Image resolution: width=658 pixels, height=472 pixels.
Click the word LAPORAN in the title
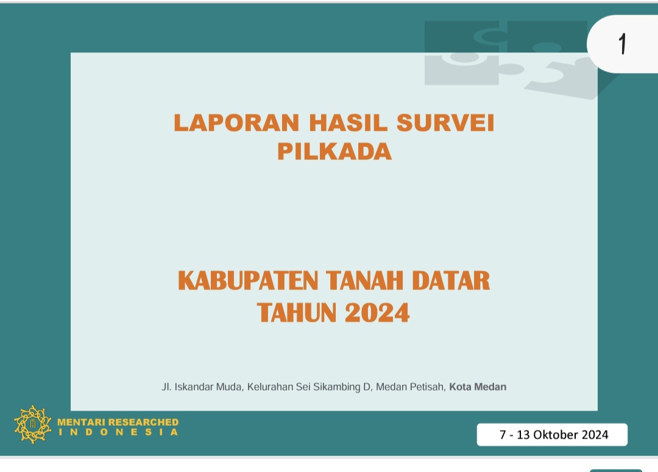pos(236,123)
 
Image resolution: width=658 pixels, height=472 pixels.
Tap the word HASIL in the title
pos(348,123)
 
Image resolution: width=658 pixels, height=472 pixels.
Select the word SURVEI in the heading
pos(445,123)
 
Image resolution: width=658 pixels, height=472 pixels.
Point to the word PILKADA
pos(334,151)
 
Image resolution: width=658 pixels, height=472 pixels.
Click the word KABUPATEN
pos(248,280)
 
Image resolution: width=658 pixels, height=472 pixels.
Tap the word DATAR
pos(451,280)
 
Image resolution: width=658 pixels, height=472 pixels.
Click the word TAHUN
pos(297,313)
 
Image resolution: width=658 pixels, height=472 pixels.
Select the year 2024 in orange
pos(377,313)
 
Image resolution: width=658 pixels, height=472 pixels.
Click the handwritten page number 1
pos(623,44)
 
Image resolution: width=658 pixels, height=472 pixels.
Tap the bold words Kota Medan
pos(478,387)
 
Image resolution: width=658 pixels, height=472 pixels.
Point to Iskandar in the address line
pos(194,387)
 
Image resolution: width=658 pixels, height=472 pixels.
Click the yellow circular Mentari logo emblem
pos(33,425)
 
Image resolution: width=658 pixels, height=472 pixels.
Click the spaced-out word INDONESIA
pos(118,432)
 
